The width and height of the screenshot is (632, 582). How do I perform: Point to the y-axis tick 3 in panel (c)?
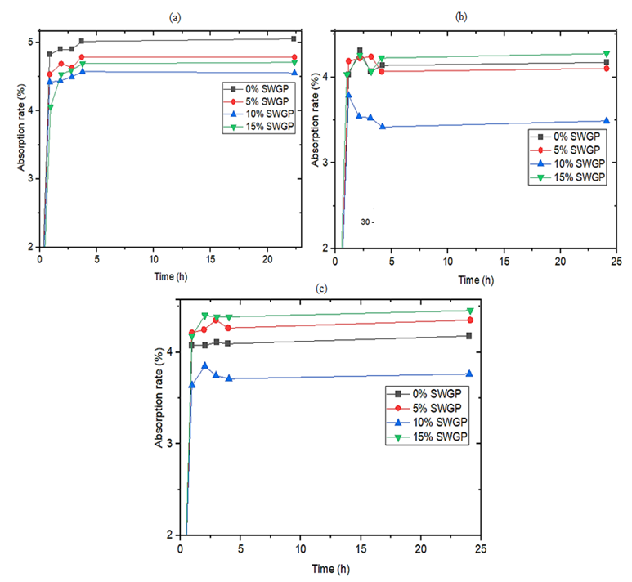coord(169,443)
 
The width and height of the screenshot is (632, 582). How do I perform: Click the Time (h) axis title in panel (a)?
coord(166,277)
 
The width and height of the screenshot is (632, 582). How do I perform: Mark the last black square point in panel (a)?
coord(294,38)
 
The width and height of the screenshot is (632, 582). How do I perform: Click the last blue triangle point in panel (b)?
coord(606,121)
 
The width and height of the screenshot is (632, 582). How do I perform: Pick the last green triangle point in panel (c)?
coord(470,311)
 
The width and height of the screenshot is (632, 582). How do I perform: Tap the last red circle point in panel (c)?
coord(470,320)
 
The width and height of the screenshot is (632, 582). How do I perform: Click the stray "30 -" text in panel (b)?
coord(370,222)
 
